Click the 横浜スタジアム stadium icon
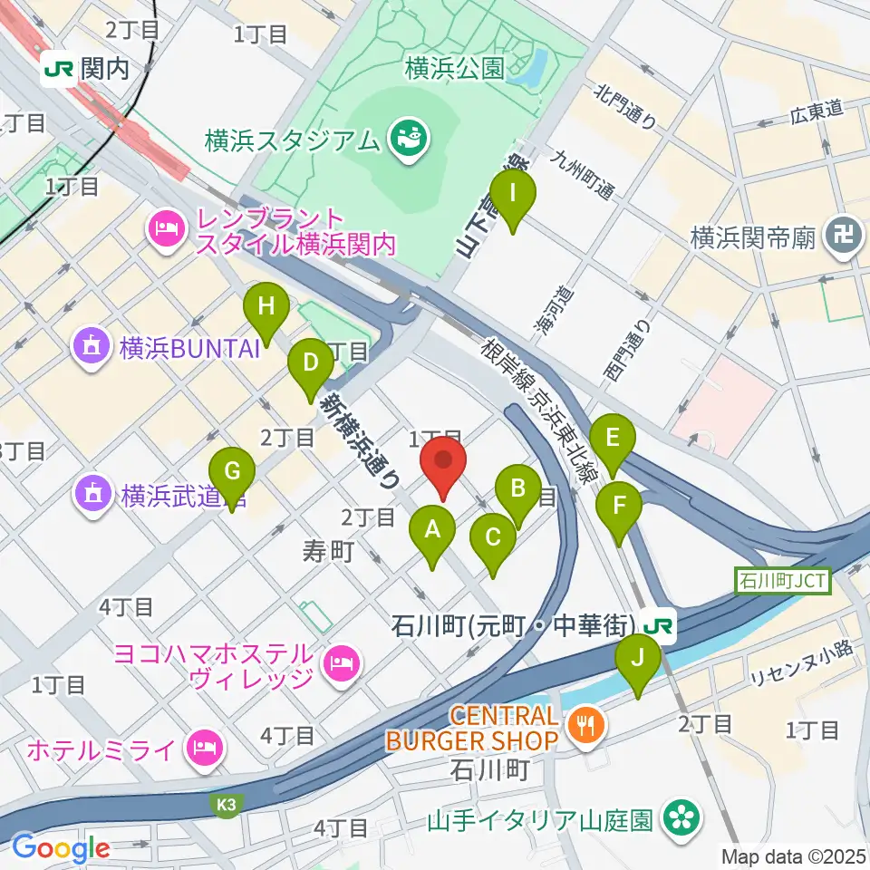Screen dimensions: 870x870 (402, 139)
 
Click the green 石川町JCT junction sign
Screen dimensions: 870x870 (783, 580)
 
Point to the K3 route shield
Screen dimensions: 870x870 (225, 804)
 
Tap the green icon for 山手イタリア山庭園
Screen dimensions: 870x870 (679, 818)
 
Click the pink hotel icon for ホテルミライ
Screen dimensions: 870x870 (203, 749)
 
